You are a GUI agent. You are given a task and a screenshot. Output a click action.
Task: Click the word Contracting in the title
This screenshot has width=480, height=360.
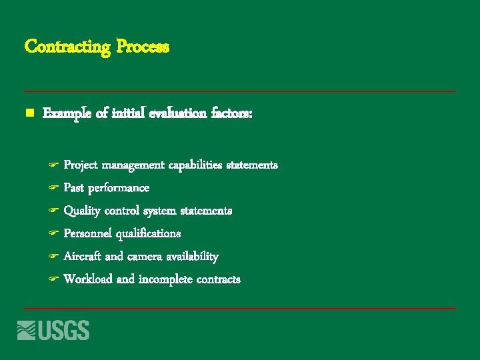pos(67,47)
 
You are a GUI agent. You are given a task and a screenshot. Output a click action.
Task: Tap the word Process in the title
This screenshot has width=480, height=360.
pos(143,47)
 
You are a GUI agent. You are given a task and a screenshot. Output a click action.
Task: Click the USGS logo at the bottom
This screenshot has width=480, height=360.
pos(53,330)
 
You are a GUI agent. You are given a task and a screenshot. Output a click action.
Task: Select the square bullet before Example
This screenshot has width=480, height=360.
pos(29,114)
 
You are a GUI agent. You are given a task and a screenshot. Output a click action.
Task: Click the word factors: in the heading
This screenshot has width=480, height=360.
pos(231,114)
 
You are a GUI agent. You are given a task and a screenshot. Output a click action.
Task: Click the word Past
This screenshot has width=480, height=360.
pos(73,188)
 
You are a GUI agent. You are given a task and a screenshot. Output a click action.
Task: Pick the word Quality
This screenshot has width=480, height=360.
pos(82,211)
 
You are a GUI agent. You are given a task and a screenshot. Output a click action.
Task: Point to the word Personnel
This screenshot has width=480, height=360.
pos(87,233)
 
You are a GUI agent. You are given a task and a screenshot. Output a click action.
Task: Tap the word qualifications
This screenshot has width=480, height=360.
pos(148,234)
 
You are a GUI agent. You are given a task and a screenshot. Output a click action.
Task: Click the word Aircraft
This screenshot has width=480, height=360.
pos(83,256)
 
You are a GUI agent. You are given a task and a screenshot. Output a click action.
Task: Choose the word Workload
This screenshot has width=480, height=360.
pos(88,279)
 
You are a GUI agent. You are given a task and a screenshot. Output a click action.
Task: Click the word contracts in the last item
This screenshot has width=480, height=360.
pos(217,279)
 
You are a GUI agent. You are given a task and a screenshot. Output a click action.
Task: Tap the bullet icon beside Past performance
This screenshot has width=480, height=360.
pos(54,188)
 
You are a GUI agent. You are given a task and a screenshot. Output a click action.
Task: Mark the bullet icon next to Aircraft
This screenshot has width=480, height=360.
pos(54,257)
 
